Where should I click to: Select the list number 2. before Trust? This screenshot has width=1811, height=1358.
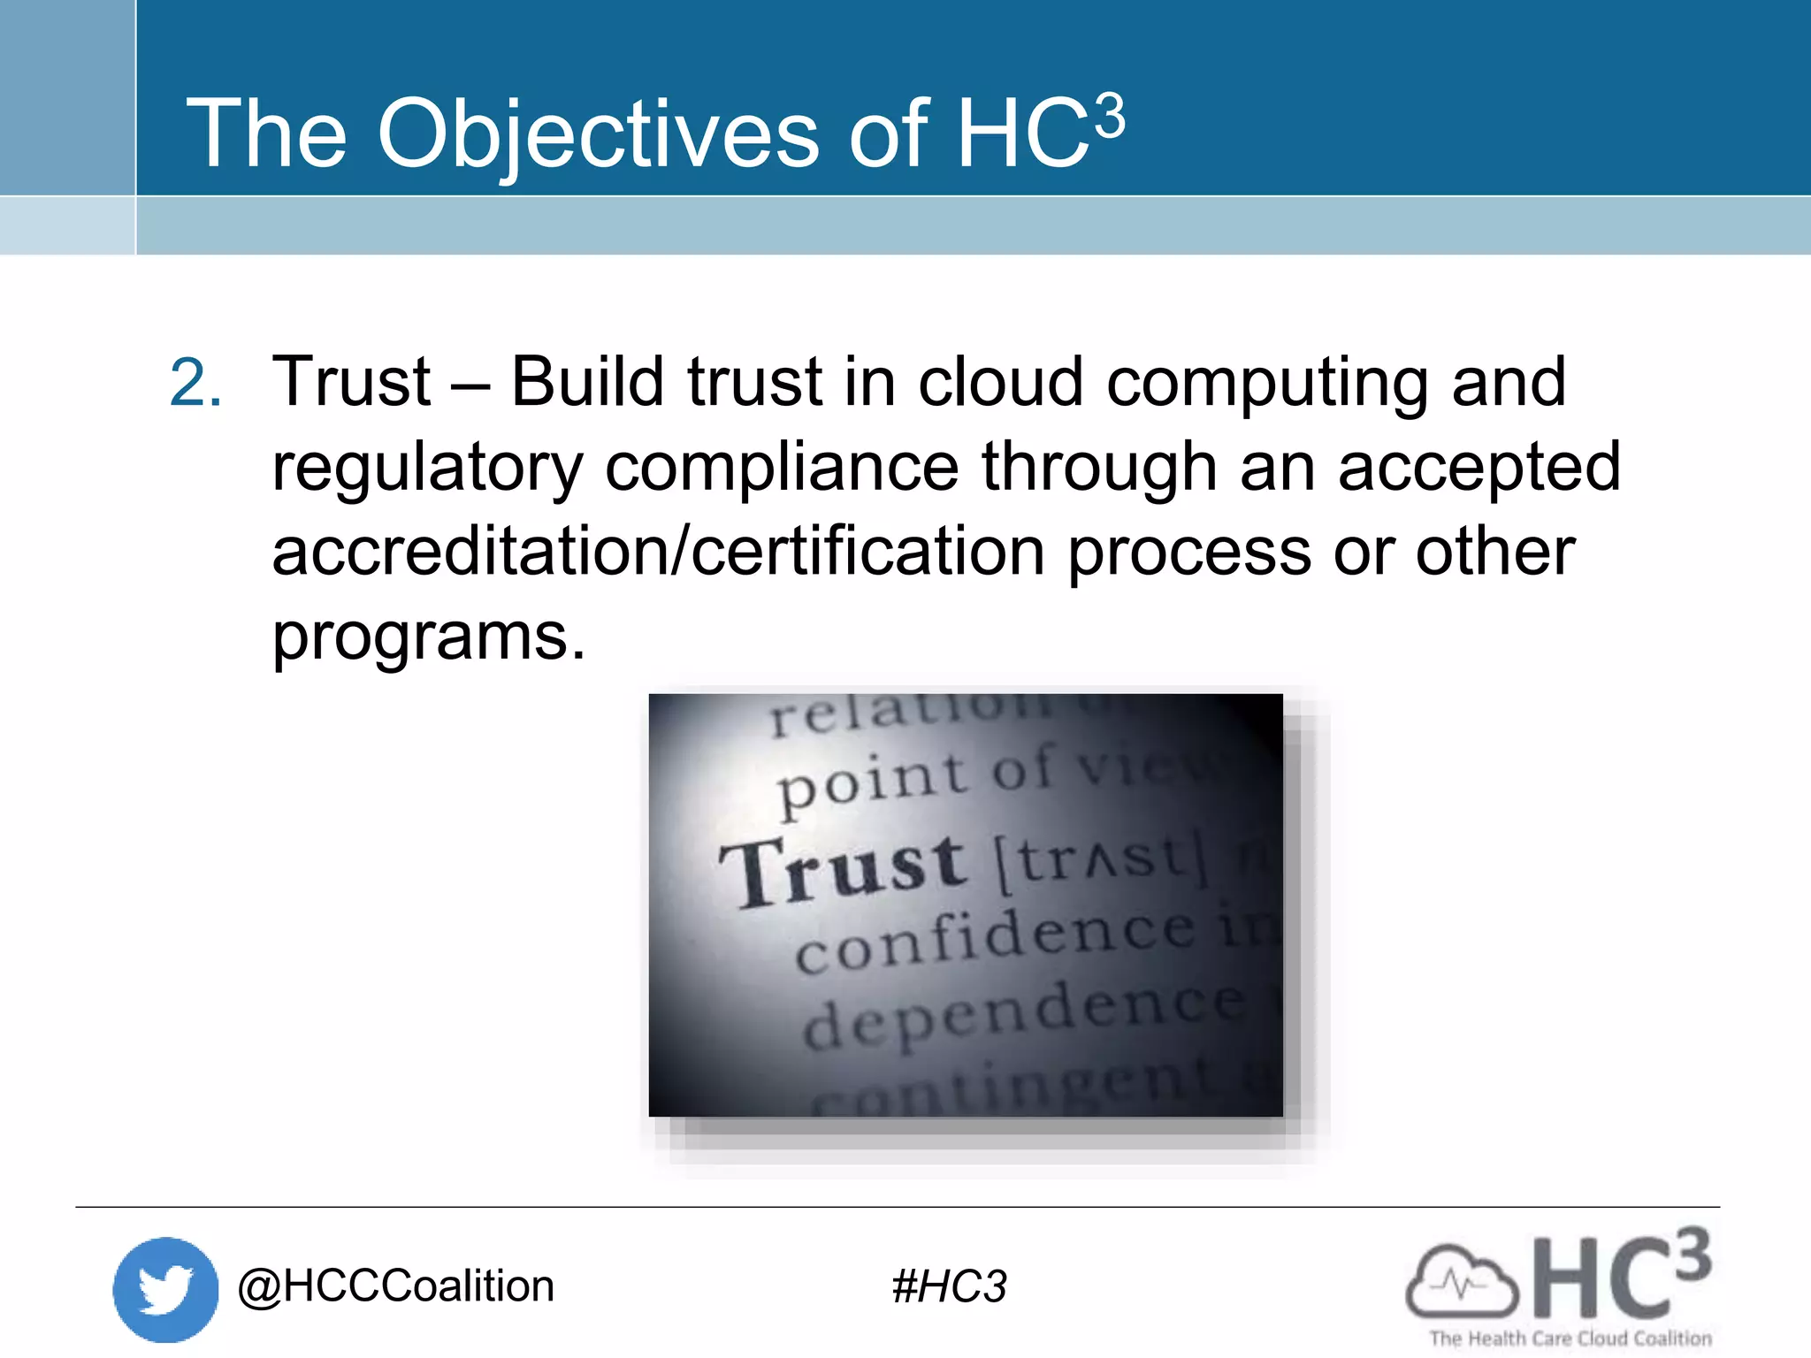coord(195,384)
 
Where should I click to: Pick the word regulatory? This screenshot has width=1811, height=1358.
coord(427,469)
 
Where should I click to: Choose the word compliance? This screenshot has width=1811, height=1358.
coord(782,469)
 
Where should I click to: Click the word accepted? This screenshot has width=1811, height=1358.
coord(1479,469)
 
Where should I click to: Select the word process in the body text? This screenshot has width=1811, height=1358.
coord(1189,553)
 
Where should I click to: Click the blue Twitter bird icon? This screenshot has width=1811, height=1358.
coord(165,1289)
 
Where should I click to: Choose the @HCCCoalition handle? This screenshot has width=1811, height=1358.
coord(395,1286)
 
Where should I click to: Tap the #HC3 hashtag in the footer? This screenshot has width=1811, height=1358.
coord(949,1287)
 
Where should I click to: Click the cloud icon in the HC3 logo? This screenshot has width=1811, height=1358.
coord(1461,1282)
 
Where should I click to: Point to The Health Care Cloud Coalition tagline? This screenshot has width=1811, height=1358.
coord(1570,1339)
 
